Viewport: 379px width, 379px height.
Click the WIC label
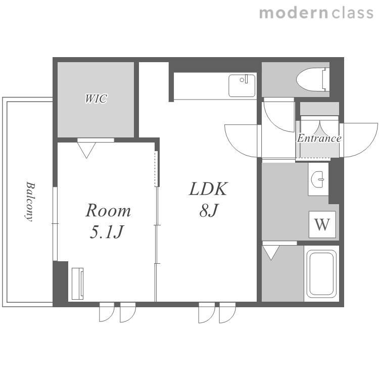coord(96,99)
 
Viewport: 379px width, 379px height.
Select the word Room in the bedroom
coord(108,210)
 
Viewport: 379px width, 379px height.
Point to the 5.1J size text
coord(107,231)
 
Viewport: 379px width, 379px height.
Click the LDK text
coord(208,188)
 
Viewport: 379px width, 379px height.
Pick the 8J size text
coord(209,210)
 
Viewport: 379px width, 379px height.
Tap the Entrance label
coord(319,138)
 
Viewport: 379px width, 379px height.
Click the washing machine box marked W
coord(322,224)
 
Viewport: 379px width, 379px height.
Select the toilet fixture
coord(313,79)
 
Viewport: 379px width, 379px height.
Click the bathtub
coord(321,273)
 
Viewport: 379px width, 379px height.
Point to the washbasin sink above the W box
coord(318,179)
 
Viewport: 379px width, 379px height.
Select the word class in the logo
coord(352,13)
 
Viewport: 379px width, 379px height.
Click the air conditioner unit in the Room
coord(78,283)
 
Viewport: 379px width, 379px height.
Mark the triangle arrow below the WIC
coord(86,150)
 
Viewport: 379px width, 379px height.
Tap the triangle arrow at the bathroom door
coord(271,253)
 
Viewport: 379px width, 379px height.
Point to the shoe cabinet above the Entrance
coord(319,109)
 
